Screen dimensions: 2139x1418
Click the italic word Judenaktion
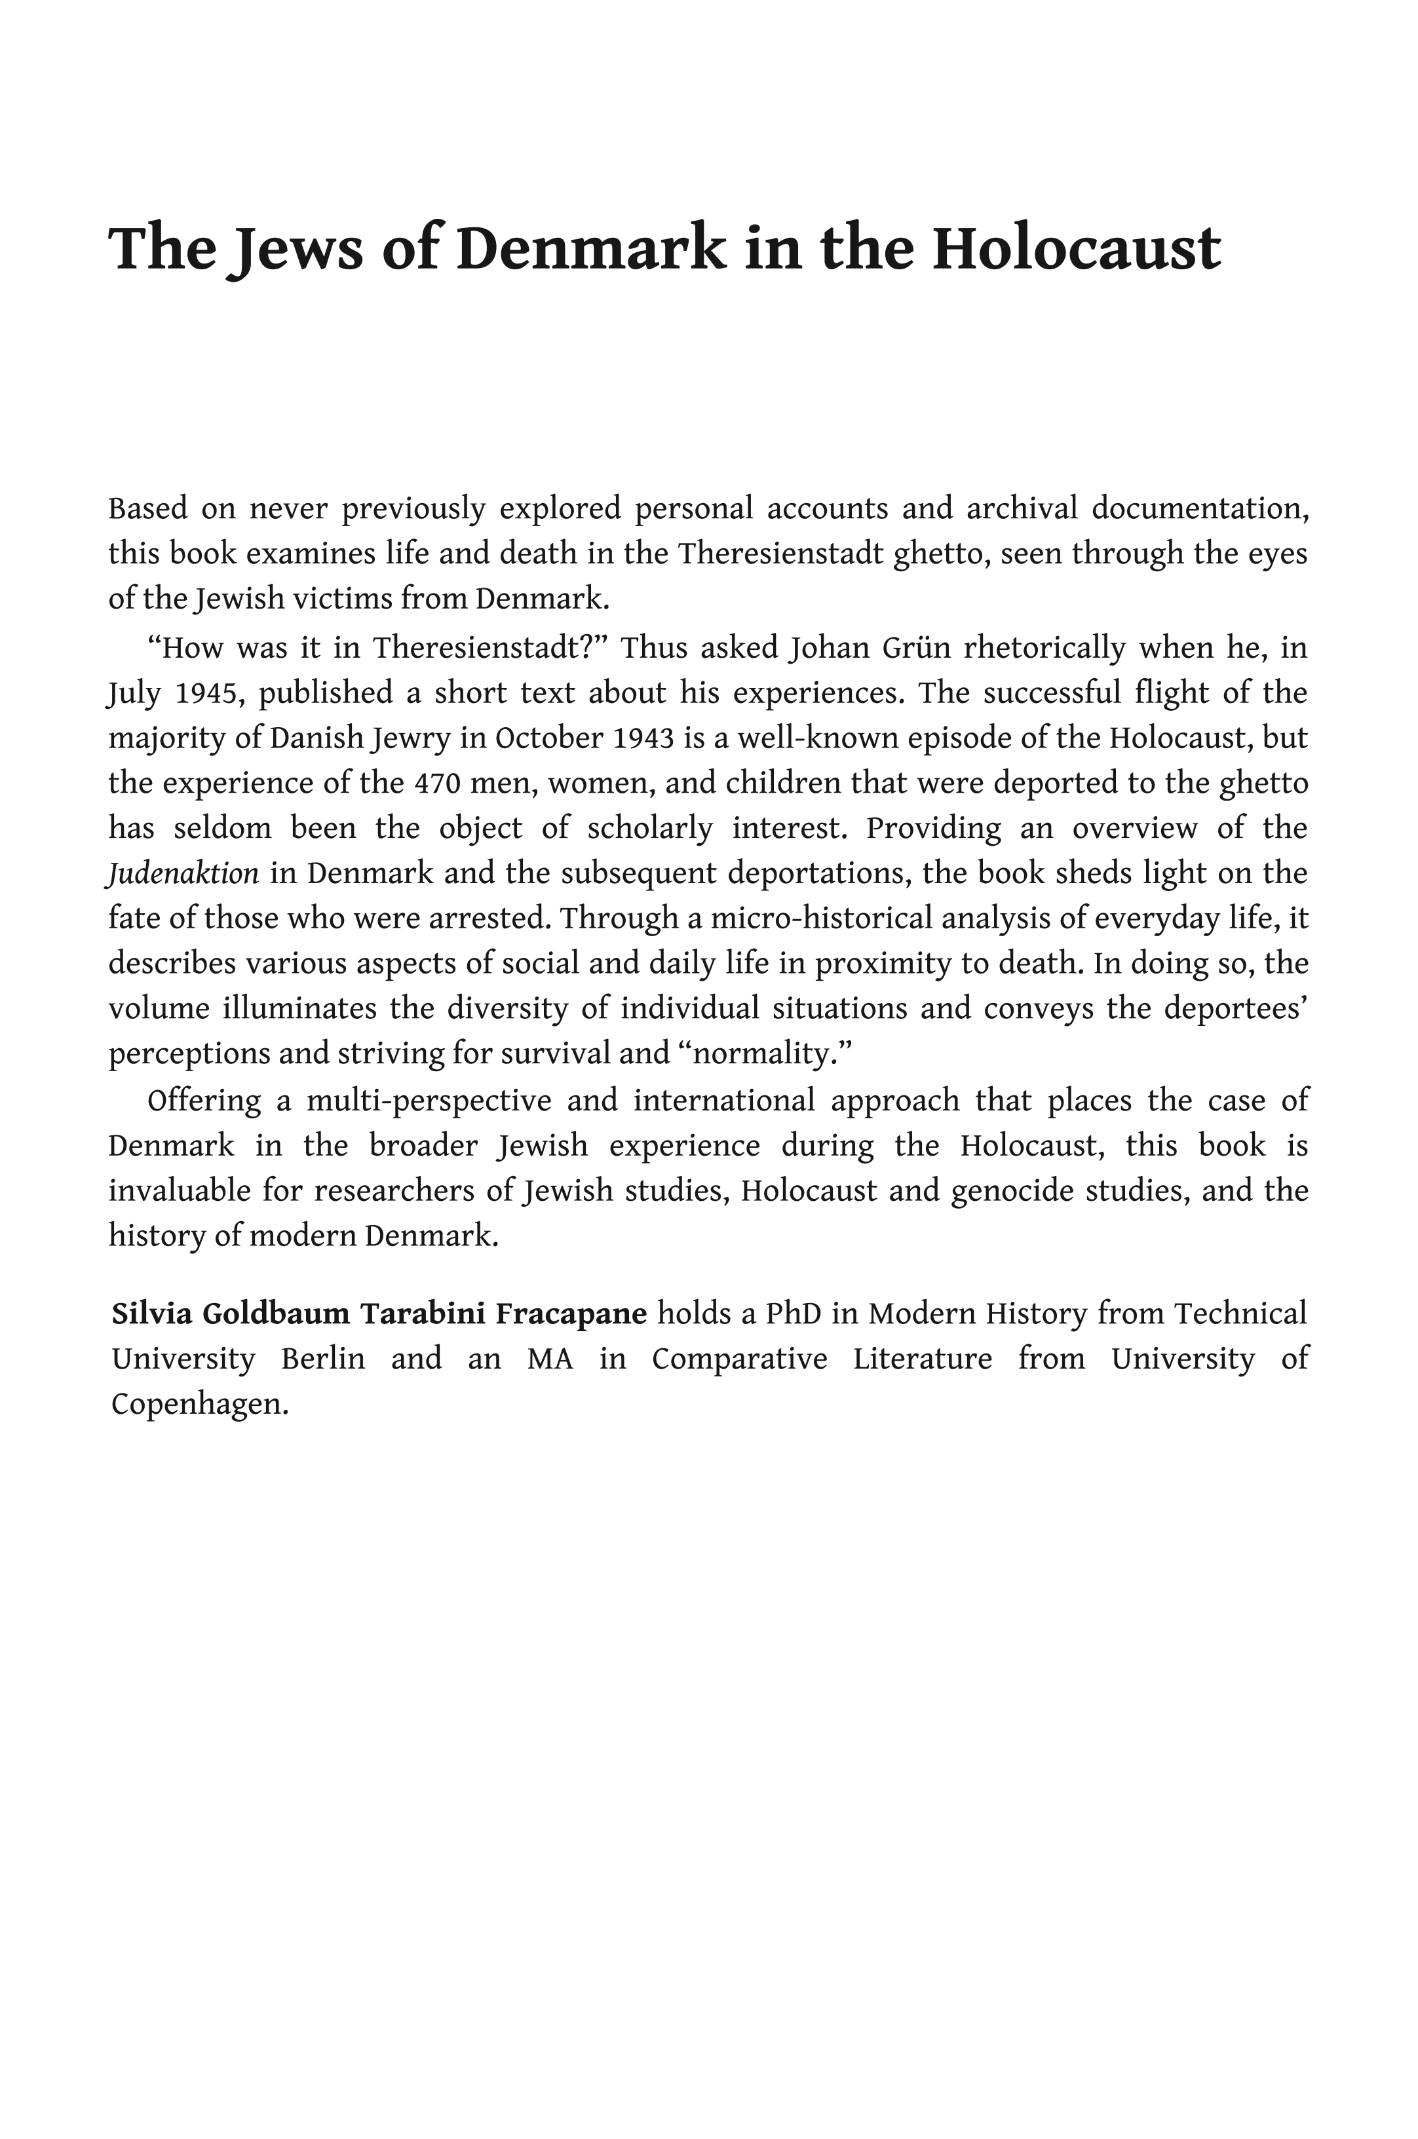[x=183, y=873]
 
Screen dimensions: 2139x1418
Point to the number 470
[x=437, y=783]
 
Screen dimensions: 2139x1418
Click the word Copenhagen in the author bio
[x=199, y=1404]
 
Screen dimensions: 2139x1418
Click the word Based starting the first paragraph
[x=147, y=509]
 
